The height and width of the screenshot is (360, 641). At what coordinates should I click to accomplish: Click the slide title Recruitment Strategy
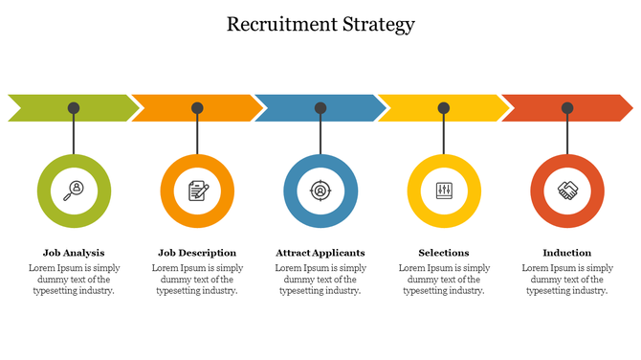pos(320,25)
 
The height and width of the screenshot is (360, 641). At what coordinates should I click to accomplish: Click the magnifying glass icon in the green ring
pos(74,191)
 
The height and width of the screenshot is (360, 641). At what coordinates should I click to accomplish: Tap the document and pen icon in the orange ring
pos(197,191)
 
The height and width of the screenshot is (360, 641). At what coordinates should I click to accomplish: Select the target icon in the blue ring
pos(320,191)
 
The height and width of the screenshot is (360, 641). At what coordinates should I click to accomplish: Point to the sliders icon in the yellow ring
pos(444,191)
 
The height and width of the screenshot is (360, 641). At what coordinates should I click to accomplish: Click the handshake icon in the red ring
pos(567,191)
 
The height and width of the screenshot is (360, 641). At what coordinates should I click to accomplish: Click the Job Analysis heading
pos(74,253)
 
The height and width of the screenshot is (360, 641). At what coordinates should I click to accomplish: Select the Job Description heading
pos(197,253)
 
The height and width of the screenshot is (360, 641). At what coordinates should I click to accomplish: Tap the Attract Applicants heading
pos(320,253)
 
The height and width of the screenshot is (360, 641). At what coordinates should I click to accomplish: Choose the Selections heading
pos(444,253)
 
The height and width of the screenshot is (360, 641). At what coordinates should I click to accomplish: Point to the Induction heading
pos(567,253)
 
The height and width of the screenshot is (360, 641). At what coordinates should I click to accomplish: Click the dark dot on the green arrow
pos(74,108)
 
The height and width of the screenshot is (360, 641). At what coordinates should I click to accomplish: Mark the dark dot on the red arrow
pos(567,108)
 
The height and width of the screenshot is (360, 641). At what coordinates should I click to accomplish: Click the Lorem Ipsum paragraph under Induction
pos(567,280)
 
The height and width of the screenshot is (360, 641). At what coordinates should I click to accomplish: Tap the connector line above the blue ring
pos(320,134)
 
